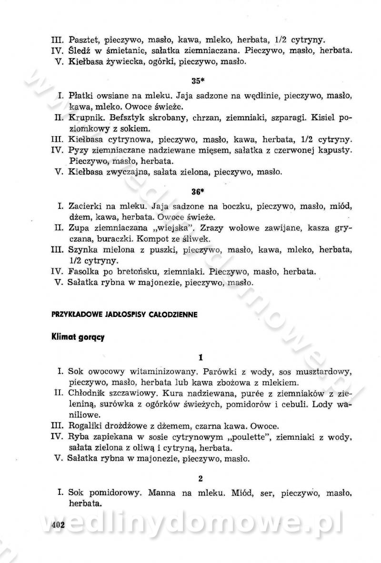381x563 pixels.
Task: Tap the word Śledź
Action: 80,50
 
